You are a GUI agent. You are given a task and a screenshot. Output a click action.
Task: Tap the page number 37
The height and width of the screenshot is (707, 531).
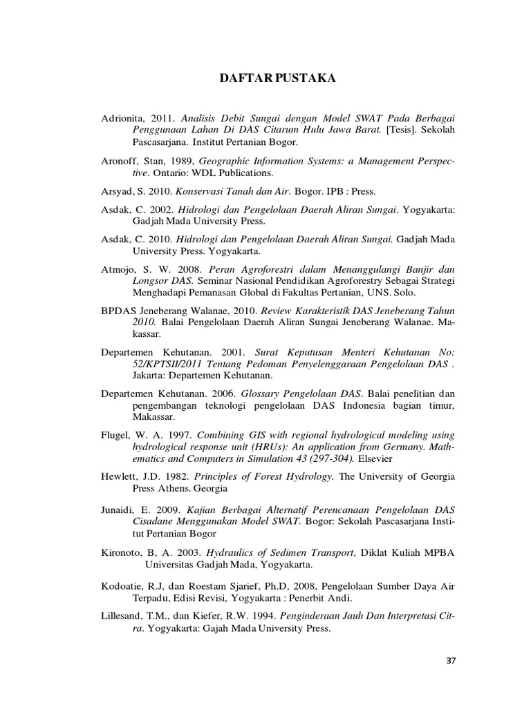(x=451, y=661)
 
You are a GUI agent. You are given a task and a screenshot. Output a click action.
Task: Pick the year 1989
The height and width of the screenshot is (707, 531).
(x=182, y=160)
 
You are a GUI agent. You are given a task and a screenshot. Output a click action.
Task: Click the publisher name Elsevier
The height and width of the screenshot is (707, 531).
(x=378, y=458)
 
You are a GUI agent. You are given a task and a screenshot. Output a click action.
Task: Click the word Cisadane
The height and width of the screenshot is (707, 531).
(x=155, y=521)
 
